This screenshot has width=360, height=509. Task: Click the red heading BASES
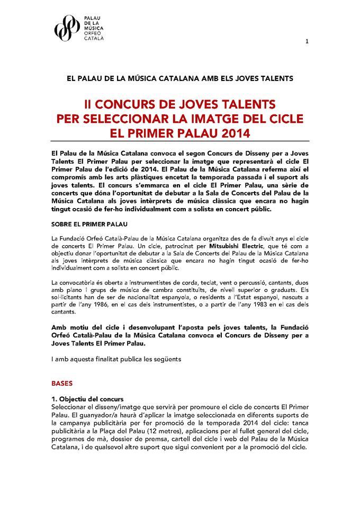coord(61,382)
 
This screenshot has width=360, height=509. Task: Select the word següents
coord(165,359)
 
